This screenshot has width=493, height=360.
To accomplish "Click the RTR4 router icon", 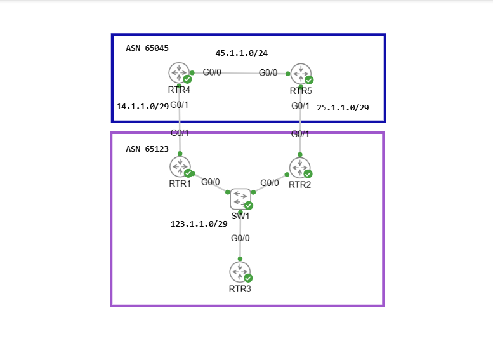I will (180, 72).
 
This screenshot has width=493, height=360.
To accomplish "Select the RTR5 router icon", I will (301, 74).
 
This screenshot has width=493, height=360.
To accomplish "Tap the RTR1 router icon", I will (180, 166).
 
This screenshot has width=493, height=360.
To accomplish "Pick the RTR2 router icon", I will (299, 167).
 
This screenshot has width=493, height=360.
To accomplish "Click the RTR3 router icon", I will (240, 272).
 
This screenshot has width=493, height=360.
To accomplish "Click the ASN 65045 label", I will (147, 48).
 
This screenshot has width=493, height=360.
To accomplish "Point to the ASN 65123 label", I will (147, 149).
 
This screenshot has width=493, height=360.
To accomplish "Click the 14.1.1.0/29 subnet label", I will (143, 107).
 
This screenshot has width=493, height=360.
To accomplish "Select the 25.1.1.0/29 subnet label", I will (343, 108).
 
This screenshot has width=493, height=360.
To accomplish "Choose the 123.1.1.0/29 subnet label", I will (199, 224).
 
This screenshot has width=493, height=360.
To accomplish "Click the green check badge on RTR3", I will (248, 278).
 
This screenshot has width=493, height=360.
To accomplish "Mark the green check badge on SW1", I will (249, 205).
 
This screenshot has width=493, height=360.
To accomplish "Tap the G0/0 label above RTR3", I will (240, 239).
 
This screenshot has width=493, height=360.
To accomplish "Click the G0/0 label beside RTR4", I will (212, 72).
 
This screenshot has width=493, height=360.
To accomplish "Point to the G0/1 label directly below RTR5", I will (301, 106).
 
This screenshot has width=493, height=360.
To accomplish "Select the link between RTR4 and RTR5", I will (240, 73).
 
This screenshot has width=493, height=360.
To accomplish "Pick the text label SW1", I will (240, 216).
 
